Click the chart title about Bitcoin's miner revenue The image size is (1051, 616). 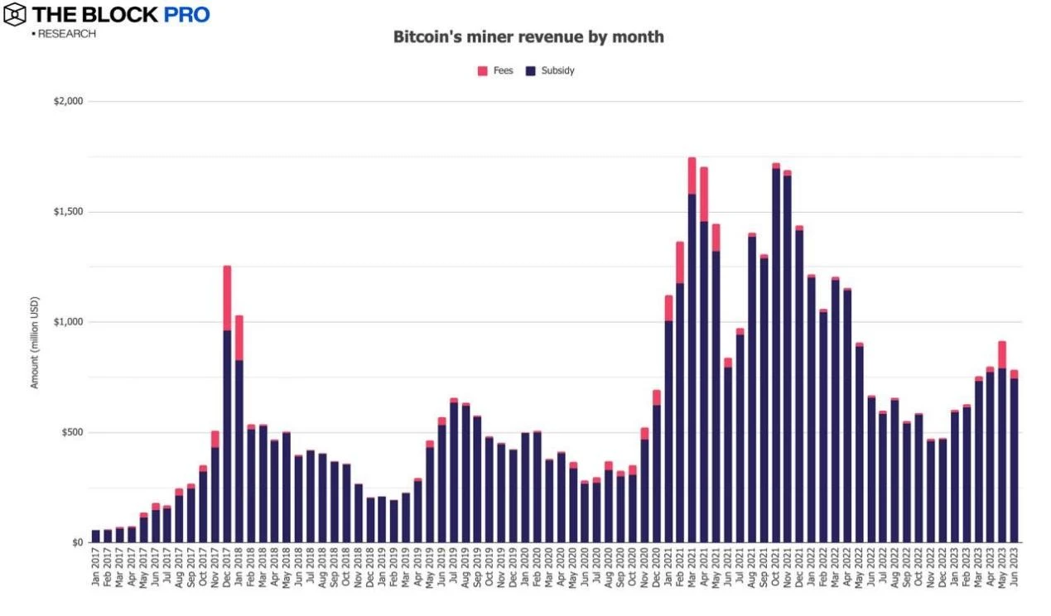point(528,37)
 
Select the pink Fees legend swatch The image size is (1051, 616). point(483,71)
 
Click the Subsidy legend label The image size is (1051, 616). point(557,71)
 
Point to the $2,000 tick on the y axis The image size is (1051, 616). point(68,102)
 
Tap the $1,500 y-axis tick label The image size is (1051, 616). point(68,212)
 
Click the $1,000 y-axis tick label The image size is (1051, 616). point(68,322)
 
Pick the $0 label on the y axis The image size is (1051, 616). point(77,543)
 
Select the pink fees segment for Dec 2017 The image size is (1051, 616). point(227,298)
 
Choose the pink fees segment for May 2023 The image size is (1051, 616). point(1002,354)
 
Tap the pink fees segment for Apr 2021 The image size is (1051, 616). point(704,194)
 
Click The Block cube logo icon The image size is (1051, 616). point(14,15)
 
